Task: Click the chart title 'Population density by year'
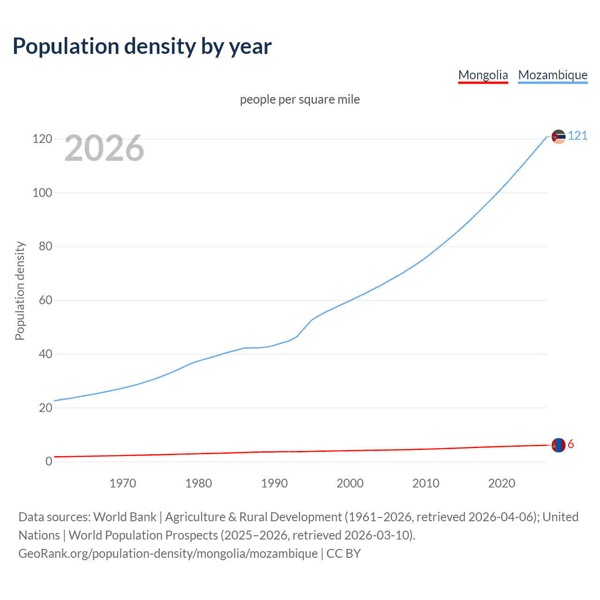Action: [x=142, y=46]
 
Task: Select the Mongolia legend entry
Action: [x=483, y=75]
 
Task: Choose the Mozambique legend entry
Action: [x=553, y=75]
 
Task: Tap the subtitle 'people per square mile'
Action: [x=300, y=99]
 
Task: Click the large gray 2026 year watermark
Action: [x=104, y=148]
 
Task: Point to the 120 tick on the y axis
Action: [x=42, y=139]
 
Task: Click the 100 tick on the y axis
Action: [x=42, y=193]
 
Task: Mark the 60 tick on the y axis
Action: [x=45, y=300]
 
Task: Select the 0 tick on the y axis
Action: [x=49, y=462]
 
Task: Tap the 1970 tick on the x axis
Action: [x=123, y=483]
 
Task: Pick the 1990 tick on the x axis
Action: [x=274, y=483]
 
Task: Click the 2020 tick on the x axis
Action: [x=502, y=483]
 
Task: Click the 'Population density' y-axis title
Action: [x=20, y=291]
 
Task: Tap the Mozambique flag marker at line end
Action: [x=558, y=136]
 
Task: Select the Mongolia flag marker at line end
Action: [x=558, y=445]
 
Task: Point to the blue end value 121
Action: [x=577, y=136]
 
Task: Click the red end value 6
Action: [x=571, y=444]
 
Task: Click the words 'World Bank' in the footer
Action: [x=125, y=517]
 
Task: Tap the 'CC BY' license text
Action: [x=344, y=554]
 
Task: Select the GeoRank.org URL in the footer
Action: [x=168, y=554]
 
